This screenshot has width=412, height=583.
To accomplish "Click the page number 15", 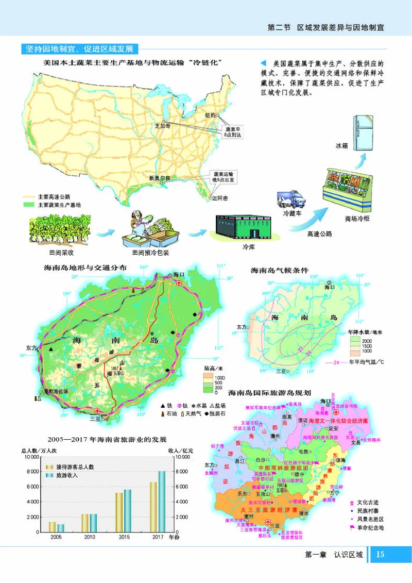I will pos(380,555).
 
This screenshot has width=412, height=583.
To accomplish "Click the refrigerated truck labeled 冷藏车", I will pos(291,199).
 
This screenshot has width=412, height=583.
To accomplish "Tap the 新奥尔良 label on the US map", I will pos(159,178).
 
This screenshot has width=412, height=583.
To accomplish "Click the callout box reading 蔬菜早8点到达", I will pos(232,131).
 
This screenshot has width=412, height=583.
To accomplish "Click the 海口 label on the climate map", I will pos(330,287).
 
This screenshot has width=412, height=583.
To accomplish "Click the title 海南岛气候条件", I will pos(279,270).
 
